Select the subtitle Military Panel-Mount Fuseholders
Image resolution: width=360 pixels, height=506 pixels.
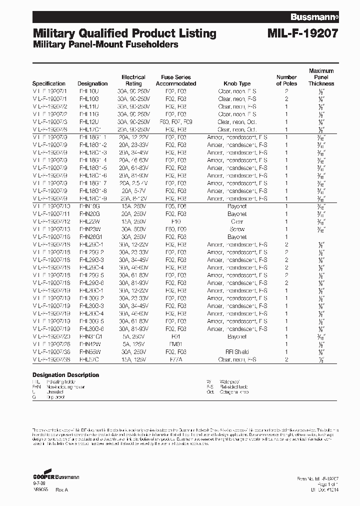click(x=105, y=45)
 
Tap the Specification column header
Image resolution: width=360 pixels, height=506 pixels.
click(x=49, y=83)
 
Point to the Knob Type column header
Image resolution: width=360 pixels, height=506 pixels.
click(x=237, y=83)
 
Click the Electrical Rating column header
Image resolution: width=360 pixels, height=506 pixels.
click(x=133, y=80)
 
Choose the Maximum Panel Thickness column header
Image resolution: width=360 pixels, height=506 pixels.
click(x=321, y=77)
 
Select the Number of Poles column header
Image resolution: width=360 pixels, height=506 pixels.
click(x=286, y=80)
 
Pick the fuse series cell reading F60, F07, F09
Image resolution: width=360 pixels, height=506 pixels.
click(x=176, y=121)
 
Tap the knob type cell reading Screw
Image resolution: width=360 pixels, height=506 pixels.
click(x=237, y=229)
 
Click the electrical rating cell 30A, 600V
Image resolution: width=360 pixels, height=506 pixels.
click(x=133, y=229)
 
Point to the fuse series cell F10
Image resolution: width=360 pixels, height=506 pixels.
click(x=176, y=221)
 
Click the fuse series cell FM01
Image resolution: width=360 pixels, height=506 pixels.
click(x=176, y=344)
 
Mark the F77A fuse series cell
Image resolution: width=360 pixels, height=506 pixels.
click(x=176, y=359)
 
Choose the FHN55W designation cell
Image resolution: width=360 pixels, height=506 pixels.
click(x=89, y=352)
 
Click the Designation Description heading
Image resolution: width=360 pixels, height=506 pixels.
click(x=65, y=375)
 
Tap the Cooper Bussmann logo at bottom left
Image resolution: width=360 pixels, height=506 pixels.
click(x=55, y=477)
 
